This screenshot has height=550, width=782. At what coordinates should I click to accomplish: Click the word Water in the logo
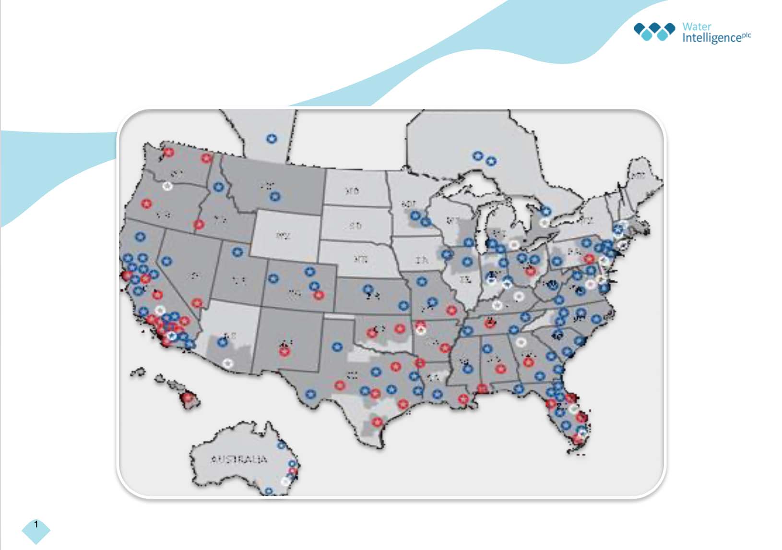pyautogui.click(x=697, y=26)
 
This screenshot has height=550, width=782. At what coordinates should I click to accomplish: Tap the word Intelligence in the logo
pyautogui.click(x=711, y=38)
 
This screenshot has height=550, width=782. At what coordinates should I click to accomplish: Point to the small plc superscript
pyautogui.click(x=746, y=35)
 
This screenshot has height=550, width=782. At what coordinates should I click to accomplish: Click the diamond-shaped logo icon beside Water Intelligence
pyautogui.click(x=654, y=31)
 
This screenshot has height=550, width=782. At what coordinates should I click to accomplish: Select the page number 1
pyautogui.click(x=36, y=525)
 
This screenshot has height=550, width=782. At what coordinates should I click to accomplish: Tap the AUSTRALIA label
pyautogui.click(x=238, y=459)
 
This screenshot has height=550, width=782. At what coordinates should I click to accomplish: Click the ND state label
pyautogui.click(x=353, y=191)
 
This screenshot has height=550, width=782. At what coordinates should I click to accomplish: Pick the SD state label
pyautogui.click(x=355, y=225)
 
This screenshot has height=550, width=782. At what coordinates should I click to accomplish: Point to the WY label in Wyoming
pyautogui.click(x=283, y=236)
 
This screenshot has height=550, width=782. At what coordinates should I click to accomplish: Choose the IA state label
pyautogui.click(x=422, y=260)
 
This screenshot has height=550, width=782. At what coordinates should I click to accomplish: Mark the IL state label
pyautogui.click(x=464, y=279)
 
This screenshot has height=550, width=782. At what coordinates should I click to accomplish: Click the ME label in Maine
pyautogui.click(x=638, y=176)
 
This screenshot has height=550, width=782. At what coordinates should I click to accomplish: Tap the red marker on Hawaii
pyautogui.click(x=188, y=397)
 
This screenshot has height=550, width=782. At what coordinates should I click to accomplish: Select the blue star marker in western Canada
pyautogui.click(x=272, y=139)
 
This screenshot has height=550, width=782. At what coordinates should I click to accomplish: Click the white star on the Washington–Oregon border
pyautogui.click(x=167, y=186)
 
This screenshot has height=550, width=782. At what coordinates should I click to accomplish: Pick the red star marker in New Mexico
pyautogui.click(x=284, y=352)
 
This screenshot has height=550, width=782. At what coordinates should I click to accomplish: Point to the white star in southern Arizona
pyautogui.click(x=228, y=363)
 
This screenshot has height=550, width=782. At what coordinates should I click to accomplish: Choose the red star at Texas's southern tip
pyautogui.click(x=377, y=422)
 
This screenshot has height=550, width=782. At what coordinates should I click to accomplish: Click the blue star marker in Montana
pyautogui.click(x=275, y=196)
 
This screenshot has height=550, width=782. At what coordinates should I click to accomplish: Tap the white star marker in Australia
pyautogui.click(x=285, y=480)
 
